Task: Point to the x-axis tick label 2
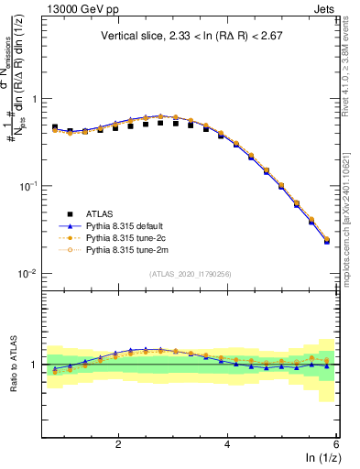(118, 443)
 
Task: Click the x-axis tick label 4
(227, 443)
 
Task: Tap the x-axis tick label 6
(335, 443)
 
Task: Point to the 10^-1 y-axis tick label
(28, 186)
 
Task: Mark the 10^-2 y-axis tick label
(28, 274)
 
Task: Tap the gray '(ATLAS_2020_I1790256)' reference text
(191, 273)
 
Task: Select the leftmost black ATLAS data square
(55, 127)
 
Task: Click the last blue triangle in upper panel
(327, 242)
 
